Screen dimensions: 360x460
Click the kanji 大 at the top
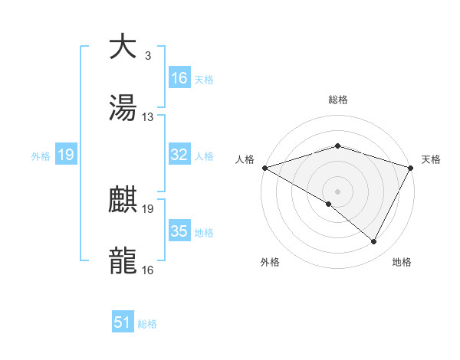point(123,47)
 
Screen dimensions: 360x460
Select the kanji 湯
point(123,108)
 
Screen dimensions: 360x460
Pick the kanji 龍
point(123,261)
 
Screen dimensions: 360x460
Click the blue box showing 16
point(179,78)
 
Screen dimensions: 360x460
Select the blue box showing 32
point(179,155)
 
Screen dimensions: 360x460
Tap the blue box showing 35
point(179,231)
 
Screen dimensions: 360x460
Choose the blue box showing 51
point(123,322)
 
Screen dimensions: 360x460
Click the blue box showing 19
point(65,155)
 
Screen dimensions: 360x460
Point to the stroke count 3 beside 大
point(147,56)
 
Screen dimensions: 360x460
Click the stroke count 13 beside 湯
point(148,117)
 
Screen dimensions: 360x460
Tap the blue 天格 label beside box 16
point(204,79)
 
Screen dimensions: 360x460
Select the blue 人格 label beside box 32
point(204,155)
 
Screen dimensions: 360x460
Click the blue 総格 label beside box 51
point(147,323)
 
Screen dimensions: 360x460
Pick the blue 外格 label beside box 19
point(41,156)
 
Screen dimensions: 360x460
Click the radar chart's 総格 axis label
point(337,100)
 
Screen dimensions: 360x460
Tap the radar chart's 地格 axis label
point(402,263)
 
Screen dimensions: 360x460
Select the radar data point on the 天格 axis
point(412,167)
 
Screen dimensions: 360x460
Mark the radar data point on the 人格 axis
point(264,167)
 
